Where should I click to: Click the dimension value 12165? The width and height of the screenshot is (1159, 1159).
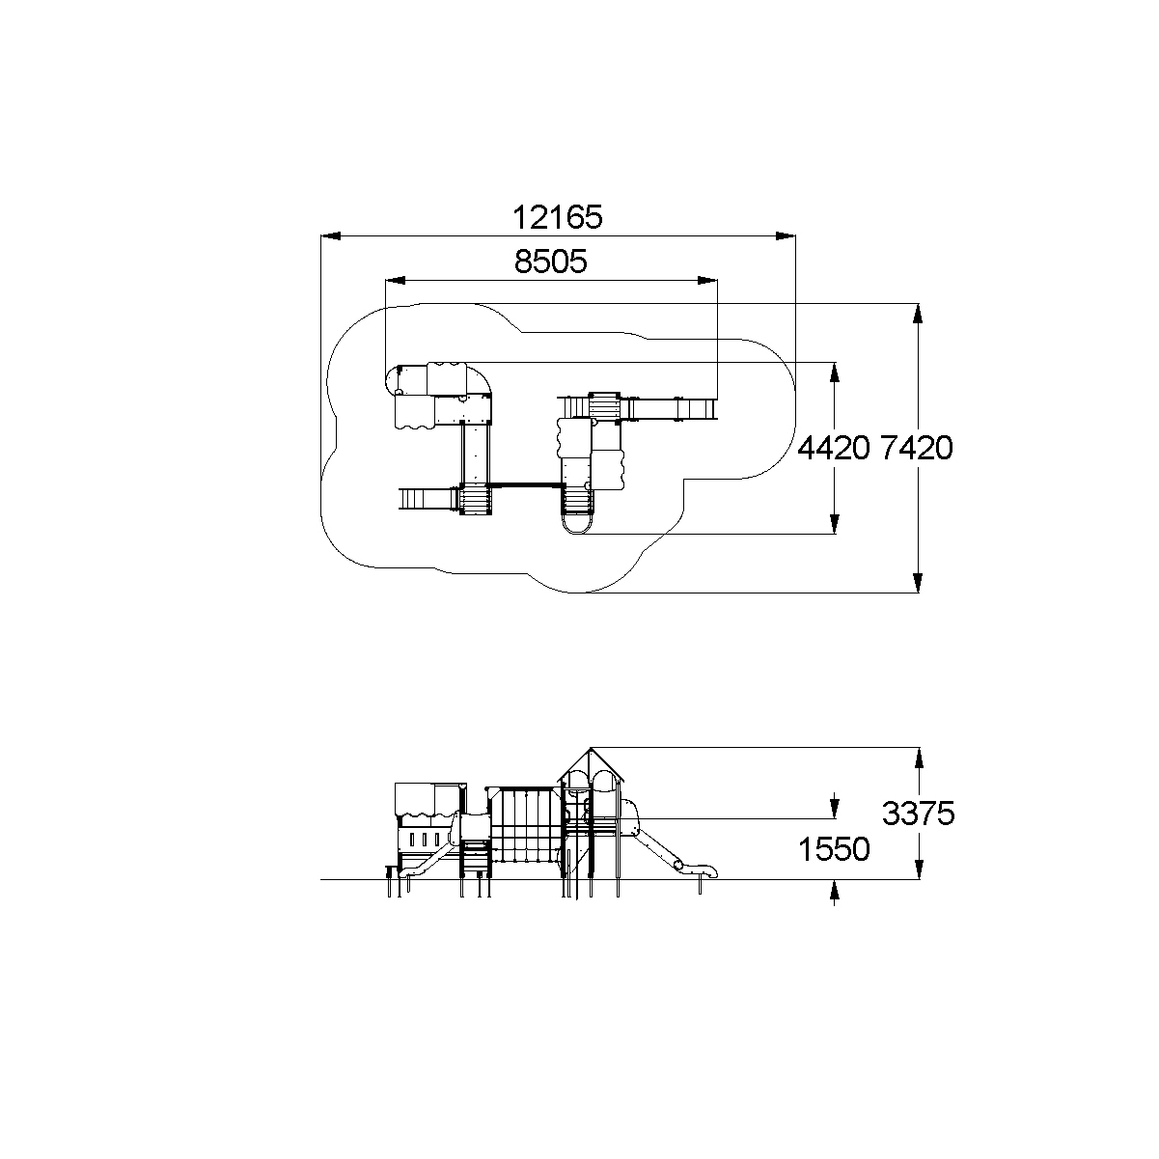(x=557, y=217)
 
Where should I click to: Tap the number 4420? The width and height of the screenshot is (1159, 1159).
(x=834, y=448)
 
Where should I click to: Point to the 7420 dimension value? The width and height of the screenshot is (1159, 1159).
(x=917, y=448)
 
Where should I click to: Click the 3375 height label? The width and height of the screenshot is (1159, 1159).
(x=919, y=814)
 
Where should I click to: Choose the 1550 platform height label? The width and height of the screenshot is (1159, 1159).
(x=834, y=849)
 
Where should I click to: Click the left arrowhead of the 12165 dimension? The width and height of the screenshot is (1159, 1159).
(x=331, y=235)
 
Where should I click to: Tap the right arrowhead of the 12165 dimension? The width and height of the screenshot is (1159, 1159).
(x=786, y=235)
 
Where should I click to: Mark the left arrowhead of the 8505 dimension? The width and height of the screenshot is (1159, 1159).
(x=395, y=280)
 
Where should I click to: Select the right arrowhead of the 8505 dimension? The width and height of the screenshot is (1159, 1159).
(x=707, y=280)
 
